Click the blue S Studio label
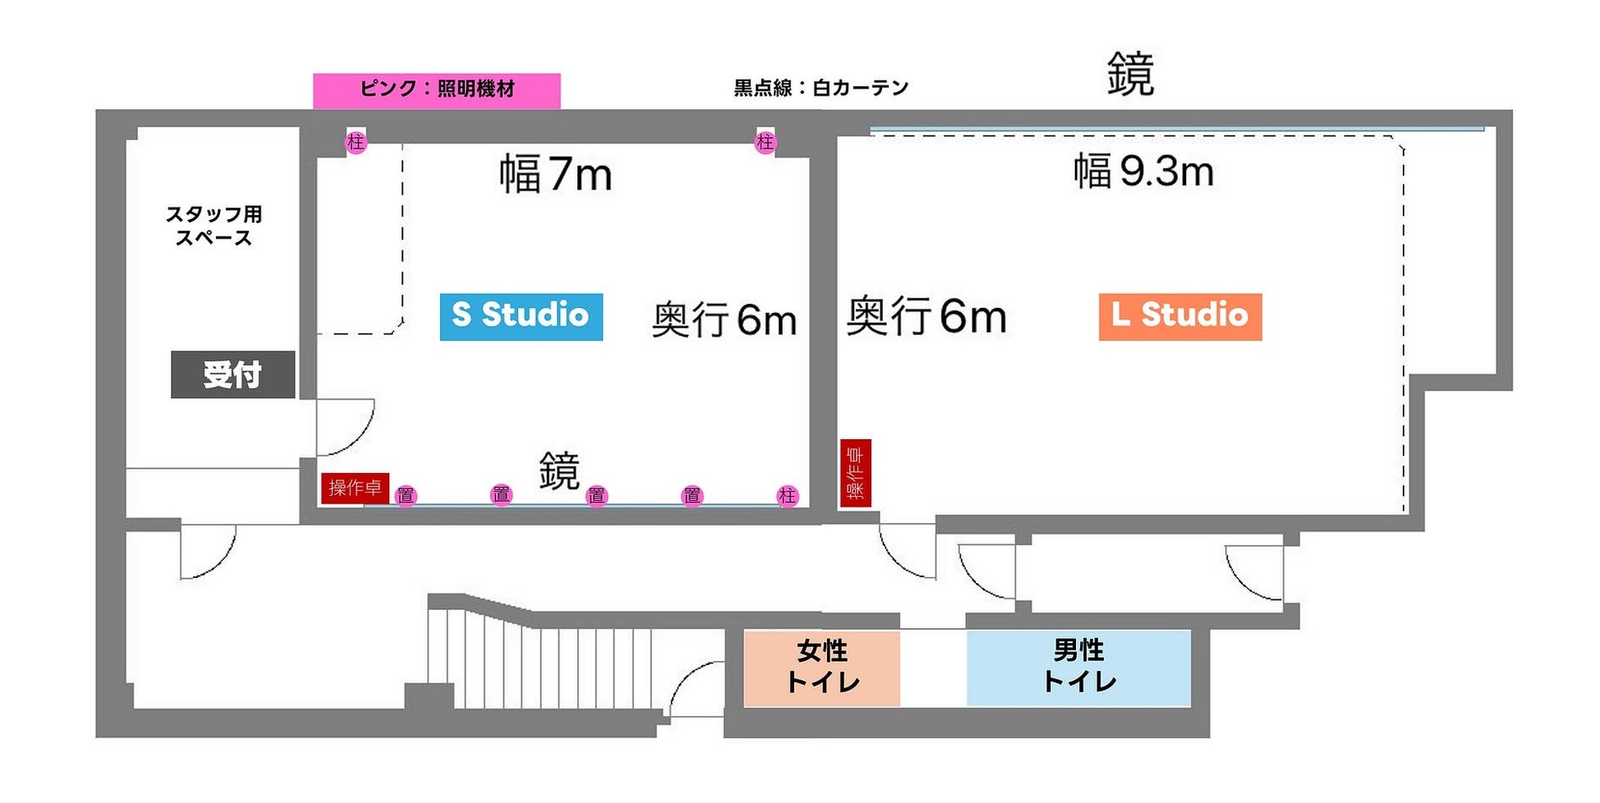coord(521,316)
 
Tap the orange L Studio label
coord(1179,316)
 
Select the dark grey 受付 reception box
coord(233,374)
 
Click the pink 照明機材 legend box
coord(436,90)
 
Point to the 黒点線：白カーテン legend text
coord(820,88)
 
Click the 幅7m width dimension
coord(555,174)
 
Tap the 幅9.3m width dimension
coord(1143,172)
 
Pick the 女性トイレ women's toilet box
coord(821,668)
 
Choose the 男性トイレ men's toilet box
coord(1079,668)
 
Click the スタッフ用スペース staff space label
coord(213,226)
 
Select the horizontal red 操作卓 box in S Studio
coord(355,488)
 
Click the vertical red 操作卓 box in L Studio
coord(855,473)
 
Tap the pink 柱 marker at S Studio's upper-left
coord(356,142)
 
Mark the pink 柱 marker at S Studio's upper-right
coord(765,142)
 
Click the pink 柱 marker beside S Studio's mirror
coord(787,496)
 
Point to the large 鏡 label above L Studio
coord(1130,74)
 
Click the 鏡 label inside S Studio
coord(559,470)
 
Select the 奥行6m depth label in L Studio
coord(926,316)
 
